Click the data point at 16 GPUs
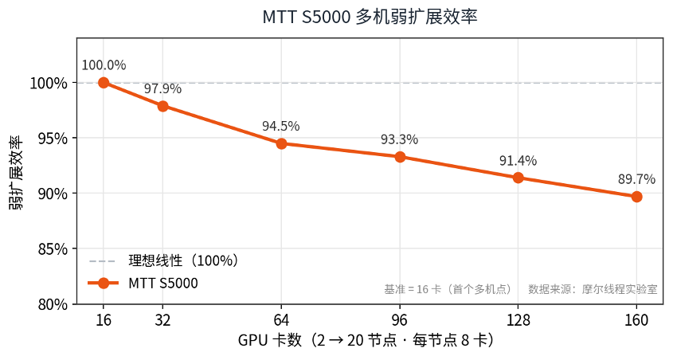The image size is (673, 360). (104, 82)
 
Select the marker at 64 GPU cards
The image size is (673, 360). (281, 143)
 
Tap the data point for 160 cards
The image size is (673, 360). (636, 197)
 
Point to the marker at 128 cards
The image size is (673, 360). (518, 178)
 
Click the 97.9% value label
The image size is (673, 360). (162, 89)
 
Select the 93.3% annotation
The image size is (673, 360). (399, 139)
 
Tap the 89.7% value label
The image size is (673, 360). (636, 179)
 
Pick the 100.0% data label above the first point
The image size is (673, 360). (104, 65)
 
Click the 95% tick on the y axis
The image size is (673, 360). (53, 138)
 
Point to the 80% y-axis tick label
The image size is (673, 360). (53, 304)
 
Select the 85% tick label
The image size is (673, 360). (53, 248)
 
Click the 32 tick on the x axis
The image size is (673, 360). (162, 320)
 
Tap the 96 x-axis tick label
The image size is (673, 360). (400, 320)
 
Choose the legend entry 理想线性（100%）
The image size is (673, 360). (183, 260)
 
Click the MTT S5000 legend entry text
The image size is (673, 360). (163, 284)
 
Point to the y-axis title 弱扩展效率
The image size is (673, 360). (16, 173)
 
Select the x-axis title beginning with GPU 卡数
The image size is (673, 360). (366, 340)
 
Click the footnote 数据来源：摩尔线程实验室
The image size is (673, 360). (593, 289)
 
